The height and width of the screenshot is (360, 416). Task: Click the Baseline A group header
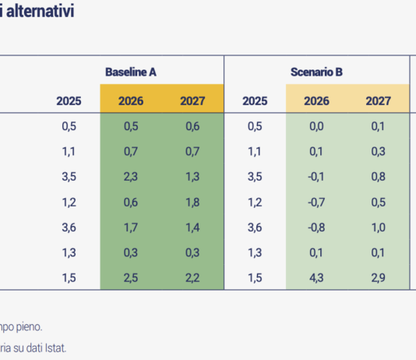pyautogui.click(x=131, y=72)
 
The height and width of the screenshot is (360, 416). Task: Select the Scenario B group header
pyautogui.click(x=317, y=72)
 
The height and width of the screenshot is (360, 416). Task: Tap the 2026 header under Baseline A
pyautogui.click(x=130, y=101)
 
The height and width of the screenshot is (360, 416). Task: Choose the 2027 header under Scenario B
pyautogui.click(x=379, y=101)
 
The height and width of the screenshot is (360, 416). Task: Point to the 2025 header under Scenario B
pyautogui.click(x=255, y=101)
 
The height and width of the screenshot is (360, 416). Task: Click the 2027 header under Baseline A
pyautogui.click(x=192, y=101)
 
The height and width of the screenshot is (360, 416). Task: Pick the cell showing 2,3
pyautogui.click(x=130, y=177)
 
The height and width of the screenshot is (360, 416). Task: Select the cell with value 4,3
pyautogui.click(x=317, y=278)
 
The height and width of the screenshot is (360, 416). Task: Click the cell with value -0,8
pyautogui.click(x=316, y=228)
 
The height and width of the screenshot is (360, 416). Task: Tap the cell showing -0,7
pyautogui.click(x=316, y=203)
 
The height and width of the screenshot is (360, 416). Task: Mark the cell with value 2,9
pyautogui.click(x=379, y=278)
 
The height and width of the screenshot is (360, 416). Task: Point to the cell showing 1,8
pyautogui.click(x=192, y=203)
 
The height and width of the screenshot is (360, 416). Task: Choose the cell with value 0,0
pyautogui.click(x=317, y=126)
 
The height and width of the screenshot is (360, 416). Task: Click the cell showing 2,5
pyautogui.click(x=130, y=278)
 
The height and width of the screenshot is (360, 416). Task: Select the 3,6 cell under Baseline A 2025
pyautogui.click(x=69, y=228)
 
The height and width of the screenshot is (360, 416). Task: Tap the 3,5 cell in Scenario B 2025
pyautogui.click(x=255, y=177)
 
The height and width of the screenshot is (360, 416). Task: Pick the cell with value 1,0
pyautogui.click(x=379, y=228)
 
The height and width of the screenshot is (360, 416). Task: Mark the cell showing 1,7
pyautogui.click(x=130, y=228)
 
